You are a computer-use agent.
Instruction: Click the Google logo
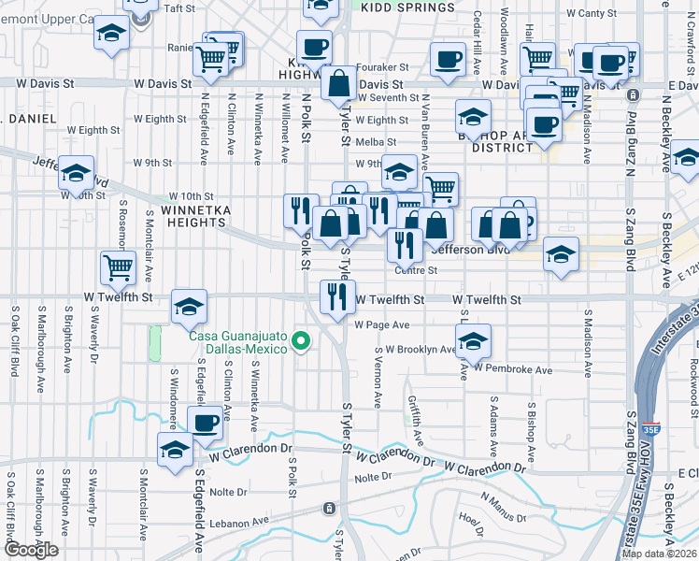point(30,550)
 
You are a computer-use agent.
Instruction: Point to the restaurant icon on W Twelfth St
point(336,296)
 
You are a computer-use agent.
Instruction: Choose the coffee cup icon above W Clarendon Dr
point(206,422)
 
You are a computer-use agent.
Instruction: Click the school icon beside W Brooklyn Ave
point(474,342)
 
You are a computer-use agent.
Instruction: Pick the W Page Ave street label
point(381,325)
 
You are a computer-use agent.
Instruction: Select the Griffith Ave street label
point(416,420)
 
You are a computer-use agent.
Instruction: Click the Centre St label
point(416,270)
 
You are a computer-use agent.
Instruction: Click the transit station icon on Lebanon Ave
point(329,509)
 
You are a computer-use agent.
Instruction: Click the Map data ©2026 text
point(659,554)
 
